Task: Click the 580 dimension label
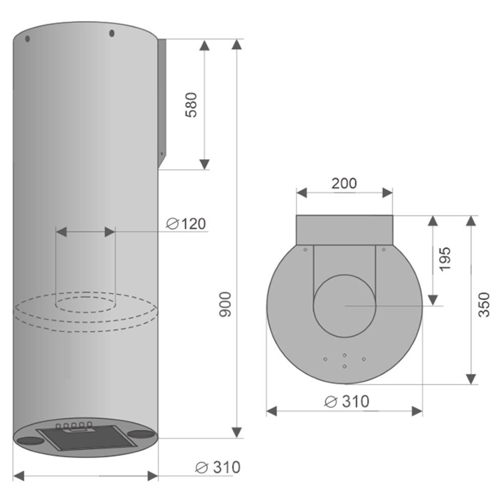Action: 191,105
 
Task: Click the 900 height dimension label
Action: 225,304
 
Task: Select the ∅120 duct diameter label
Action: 186,224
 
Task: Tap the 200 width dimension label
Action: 344,183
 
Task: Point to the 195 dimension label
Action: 445,259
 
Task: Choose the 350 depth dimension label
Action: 484,305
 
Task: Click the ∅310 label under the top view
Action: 347,401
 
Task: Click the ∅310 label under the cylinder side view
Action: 218,467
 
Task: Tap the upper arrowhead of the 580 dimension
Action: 204,45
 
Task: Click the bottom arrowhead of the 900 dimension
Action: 237,433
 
